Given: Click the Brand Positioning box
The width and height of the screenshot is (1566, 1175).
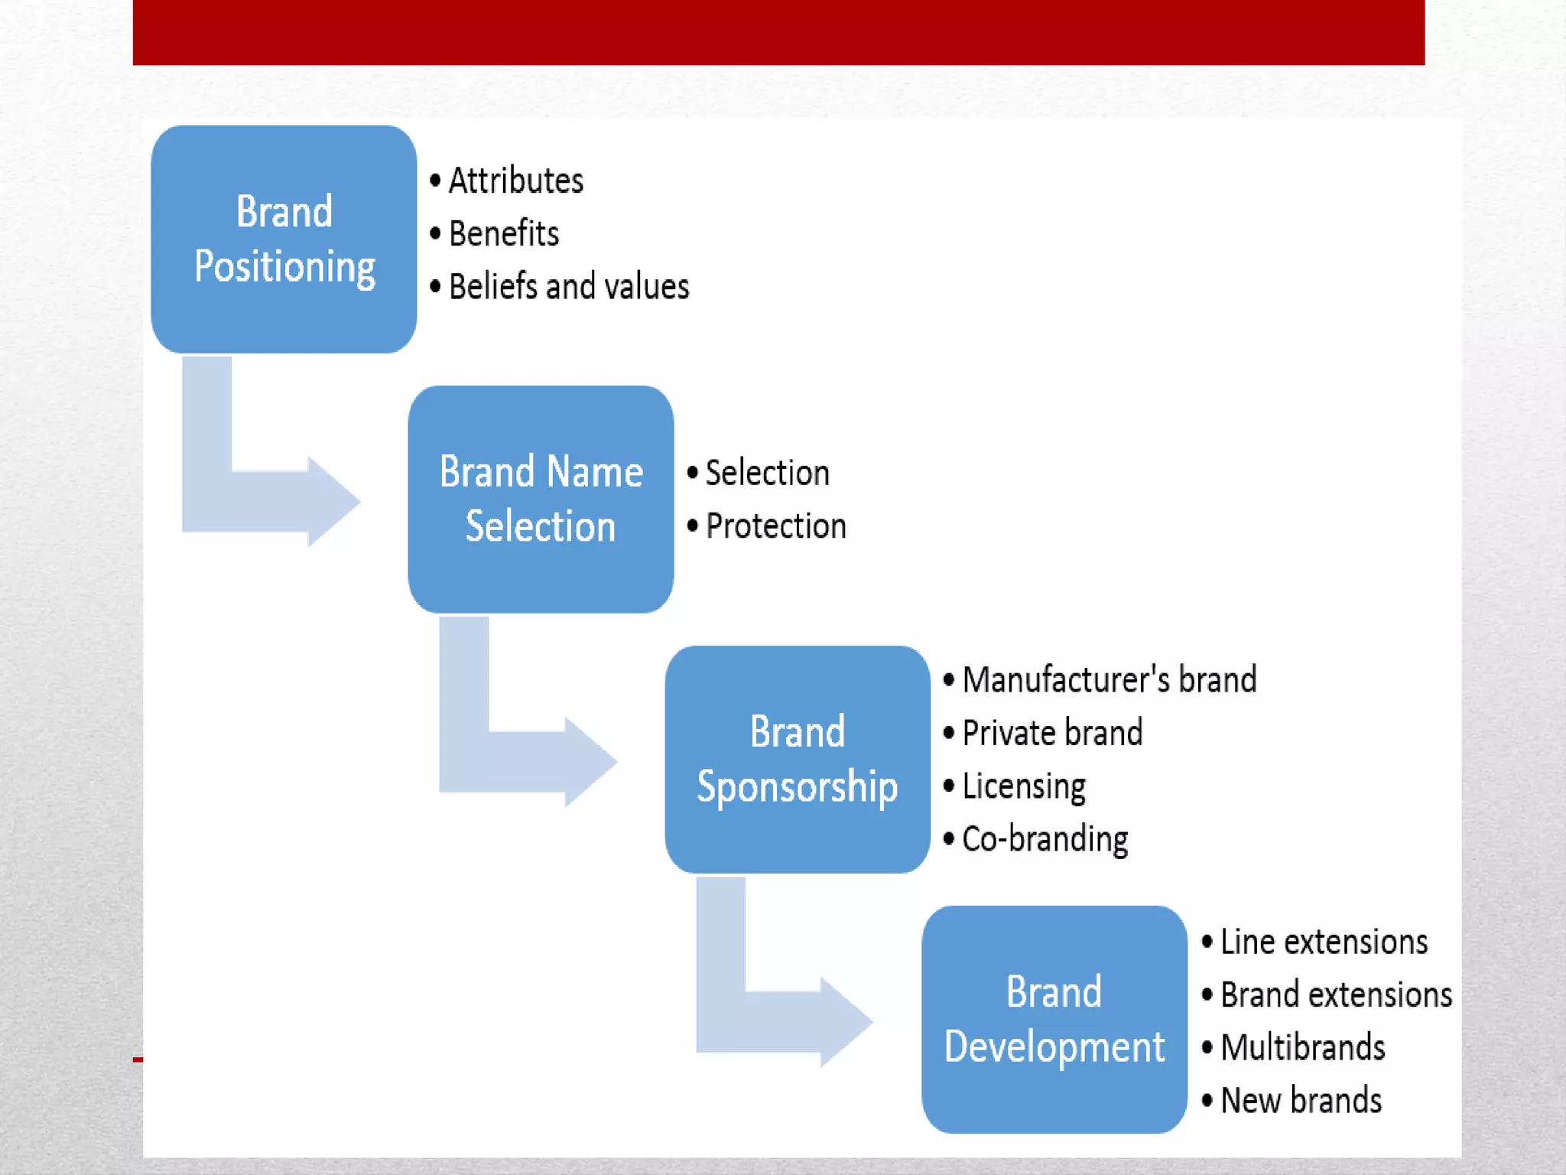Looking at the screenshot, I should [284, 239].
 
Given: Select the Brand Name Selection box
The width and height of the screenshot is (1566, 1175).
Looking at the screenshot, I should [541, 499].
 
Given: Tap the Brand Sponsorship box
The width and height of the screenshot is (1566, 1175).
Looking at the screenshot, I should [797, 759].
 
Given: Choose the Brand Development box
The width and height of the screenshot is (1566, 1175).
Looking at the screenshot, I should [1054, 1019].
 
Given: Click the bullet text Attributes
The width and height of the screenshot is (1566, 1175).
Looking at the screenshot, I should [515, 181].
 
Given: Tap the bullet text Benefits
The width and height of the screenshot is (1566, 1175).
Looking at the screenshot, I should [503, 234].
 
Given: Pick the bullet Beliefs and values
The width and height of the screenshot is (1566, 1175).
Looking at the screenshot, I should [568, 287].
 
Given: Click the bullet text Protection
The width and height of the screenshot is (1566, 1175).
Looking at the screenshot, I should [775, 526].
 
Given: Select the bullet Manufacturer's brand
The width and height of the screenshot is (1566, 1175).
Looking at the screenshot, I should [1109, 680].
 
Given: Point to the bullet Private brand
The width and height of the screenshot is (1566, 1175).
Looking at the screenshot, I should [1052, 733].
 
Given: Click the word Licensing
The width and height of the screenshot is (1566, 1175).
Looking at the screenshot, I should [1024, 786].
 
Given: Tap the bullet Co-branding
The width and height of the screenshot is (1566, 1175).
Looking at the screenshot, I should [1045, 839].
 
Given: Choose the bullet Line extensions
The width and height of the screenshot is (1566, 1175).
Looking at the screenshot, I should [1324, 942].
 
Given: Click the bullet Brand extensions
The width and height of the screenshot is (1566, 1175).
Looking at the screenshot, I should [1336, 995].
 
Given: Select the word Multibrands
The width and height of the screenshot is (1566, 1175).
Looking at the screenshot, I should [1302, 1048].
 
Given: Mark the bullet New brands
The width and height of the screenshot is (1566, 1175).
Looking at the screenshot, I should [1301, 1101].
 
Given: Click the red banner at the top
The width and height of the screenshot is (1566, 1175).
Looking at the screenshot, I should [778, 32].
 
